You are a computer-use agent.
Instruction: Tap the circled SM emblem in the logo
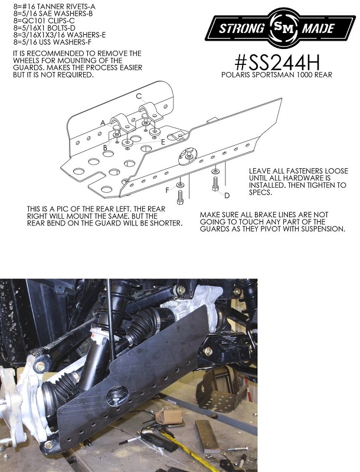[x=277, y=28]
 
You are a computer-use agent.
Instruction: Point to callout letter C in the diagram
[x=139, y=96]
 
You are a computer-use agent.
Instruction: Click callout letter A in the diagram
[x=103, y=123]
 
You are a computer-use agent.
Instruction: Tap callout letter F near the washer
[x=167, y=190]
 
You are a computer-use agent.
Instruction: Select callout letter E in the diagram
[x=162, y=142]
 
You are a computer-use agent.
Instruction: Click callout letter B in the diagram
[x=105, y=147]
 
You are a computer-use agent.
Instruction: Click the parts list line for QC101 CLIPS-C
[x=37, y=19]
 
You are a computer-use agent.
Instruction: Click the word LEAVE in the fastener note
[x=261, y=170]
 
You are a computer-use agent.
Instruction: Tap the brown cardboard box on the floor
[x=172, y=417]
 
